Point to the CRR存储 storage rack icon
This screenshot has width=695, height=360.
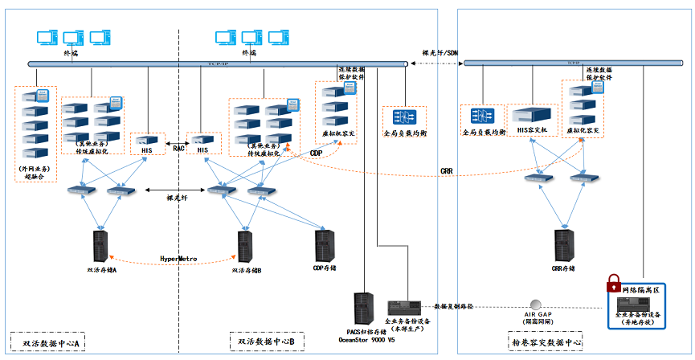coord(563,246)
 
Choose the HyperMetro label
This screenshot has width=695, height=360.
coord(179,259)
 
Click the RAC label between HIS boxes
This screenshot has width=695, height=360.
coord(178,148)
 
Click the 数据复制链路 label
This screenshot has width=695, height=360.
coord(454,306)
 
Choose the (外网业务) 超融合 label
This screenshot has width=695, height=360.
coord(35,174)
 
